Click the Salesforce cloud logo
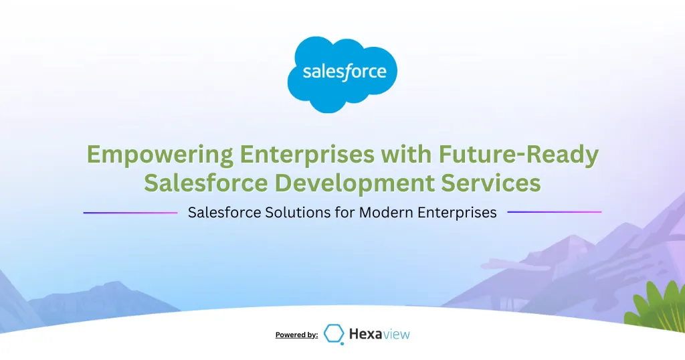coord(342,74)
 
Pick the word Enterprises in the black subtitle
coord(457,213)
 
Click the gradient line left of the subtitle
coord(130,213)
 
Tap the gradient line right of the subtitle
coord(555,212)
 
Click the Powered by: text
coord(296,335)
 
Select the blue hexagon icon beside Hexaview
coord(334,333)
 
